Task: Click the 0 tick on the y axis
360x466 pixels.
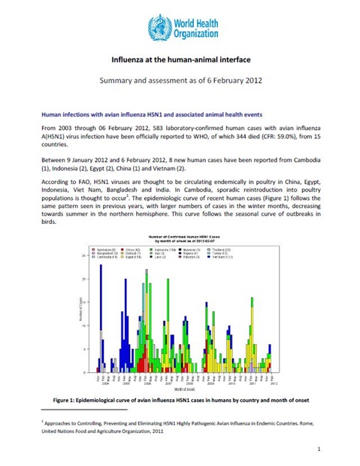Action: click(x=84, y=372)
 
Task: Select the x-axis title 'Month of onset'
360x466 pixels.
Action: click(x=184, y=389)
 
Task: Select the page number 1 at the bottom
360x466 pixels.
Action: click(x=319, y=449)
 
